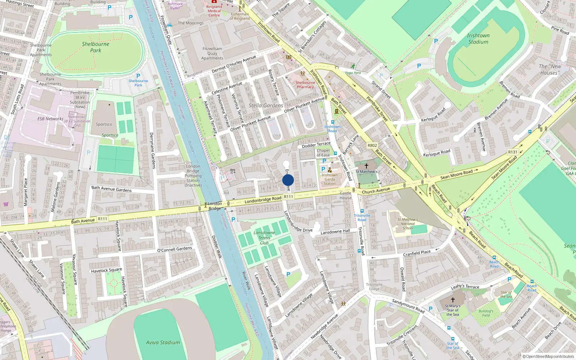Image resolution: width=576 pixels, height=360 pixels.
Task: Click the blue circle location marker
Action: [288, 180]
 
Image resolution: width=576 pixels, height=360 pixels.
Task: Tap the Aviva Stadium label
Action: [163, 342]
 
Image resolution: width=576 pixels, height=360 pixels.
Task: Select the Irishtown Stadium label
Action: [478, 39]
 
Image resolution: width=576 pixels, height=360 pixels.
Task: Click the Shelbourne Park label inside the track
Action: [95, 47]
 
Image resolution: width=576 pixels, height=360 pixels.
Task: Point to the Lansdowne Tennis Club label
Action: [264, 238]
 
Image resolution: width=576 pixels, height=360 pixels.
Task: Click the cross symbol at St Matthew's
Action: [366, 166]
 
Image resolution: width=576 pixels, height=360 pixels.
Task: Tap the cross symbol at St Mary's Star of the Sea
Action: [453, 300]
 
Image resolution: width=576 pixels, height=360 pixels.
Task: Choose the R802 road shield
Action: [372, 145]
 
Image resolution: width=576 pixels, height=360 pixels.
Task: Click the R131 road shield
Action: [512, 152]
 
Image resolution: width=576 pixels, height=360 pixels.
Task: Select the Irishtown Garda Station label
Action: [329, 179]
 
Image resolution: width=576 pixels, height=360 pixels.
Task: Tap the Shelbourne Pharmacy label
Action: [305, 85]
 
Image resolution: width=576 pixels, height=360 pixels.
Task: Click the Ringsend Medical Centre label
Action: [214, 11]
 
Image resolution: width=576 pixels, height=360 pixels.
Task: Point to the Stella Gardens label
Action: [266, 105]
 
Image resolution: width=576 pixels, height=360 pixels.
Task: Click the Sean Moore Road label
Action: [456, 175]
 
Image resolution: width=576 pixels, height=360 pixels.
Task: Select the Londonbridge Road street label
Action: [263, 199]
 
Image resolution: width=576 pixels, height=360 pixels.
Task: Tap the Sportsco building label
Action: [104, 124]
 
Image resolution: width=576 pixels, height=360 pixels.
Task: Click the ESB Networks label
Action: [50, 119]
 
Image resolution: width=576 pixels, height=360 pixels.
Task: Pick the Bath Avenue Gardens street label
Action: [112, 189]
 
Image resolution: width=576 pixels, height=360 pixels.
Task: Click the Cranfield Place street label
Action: [417, 253]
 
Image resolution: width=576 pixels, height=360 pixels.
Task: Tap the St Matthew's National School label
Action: [408, 224]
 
